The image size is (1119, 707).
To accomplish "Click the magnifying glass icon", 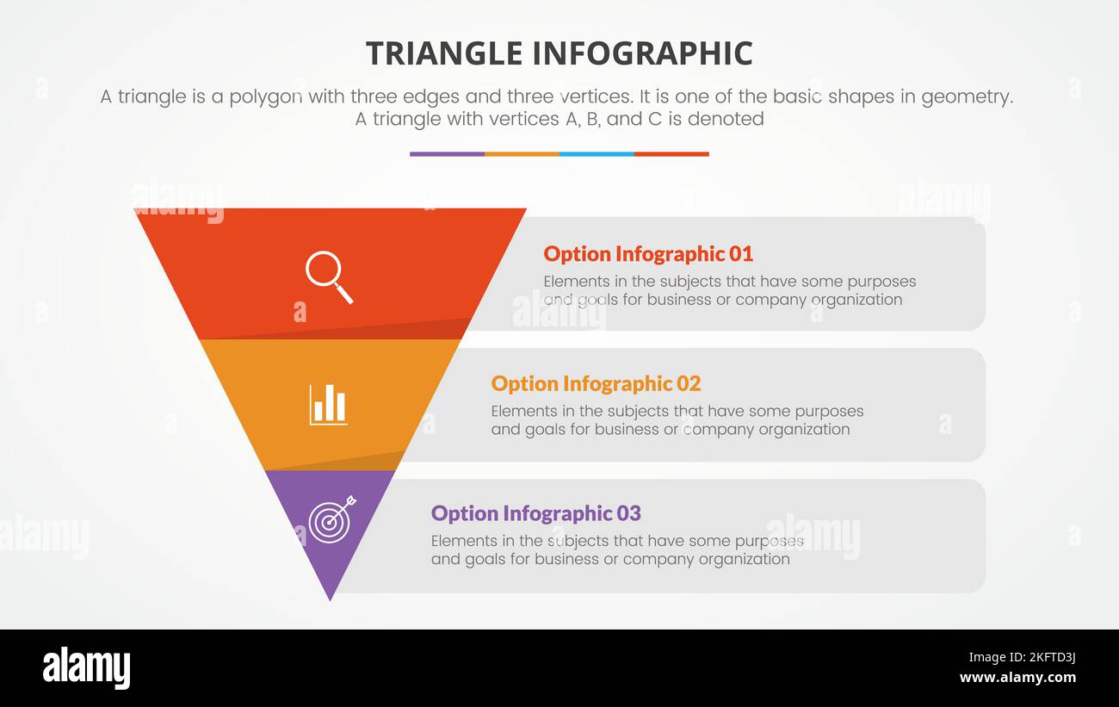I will tap(329, 276).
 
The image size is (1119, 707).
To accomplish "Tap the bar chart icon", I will tap(328, 405).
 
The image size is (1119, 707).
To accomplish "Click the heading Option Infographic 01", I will tap(647, 254).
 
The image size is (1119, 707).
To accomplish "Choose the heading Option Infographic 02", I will tap(596, 383).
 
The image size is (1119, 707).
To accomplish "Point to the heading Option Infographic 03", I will tap(535, 513).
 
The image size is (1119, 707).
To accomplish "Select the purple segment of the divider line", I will tap(447, 154).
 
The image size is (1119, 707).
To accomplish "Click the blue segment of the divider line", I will tap(597, 154).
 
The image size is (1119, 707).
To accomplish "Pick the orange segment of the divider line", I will tap(522, 154).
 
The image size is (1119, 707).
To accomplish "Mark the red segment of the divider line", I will tap(671, 154).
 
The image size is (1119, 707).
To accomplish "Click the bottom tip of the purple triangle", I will tap(330, 598).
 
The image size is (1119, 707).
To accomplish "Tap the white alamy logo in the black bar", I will tap(87, 668).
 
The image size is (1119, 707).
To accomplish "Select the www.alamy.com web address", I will tap(1017, 678).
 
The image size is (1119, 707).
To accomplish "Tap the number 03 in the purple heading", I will tap(628, 513).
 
